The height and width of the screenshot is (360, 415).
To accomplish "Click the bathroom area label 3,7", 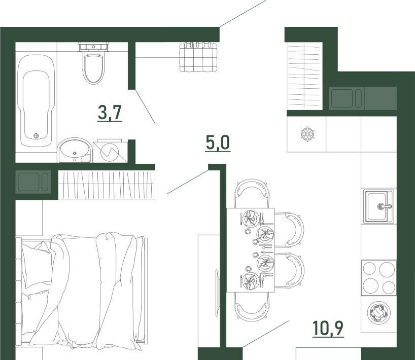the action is [x=110, y=113].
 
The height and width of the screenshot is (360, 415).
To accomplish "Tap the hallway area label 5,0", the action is [x=218, y=143].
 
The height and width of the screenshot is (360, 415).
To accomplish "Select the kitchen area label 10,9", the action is [x=328, y=328].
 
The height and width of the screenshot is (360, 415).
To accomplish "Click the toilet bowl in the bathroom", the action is [x=92, y=68].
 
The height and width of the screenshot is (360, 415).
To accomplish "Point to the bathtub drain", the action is [x=36, y=136].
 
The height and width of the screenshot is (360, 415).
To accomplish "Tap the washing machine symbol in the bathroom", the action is [x=110, y=151].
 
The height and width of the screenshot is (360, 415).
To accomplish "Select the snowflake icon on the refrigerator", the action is [x=307, y=134].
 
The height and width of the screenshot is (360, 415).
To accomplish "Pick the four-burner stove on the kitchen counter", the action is [x=379, y=278].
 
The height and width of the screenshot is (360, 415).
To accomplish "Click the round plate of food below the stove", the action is [x=379, y=313].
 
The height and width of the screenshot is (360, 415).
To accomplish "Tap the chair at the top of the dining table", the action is [x=252, y=193].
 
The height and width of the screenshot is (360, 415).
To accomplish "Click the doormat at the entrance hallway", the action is [x=198, y=57].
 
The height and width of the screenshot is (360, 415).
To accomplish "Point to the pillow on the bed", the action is [x=36, y=265].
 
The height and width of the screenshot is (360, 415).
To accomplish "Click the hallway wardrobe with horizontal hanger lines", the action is [x=304, y=77].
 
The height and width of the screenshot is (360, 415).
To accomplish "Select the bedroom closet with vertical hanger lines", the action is [x=107, y=185].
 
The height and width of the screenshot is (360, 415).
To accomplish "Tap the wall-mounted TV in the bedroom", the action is [x=217, y=293].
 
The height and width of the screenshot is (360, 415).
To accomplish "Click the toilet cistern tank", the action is [x=94, y=47].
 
